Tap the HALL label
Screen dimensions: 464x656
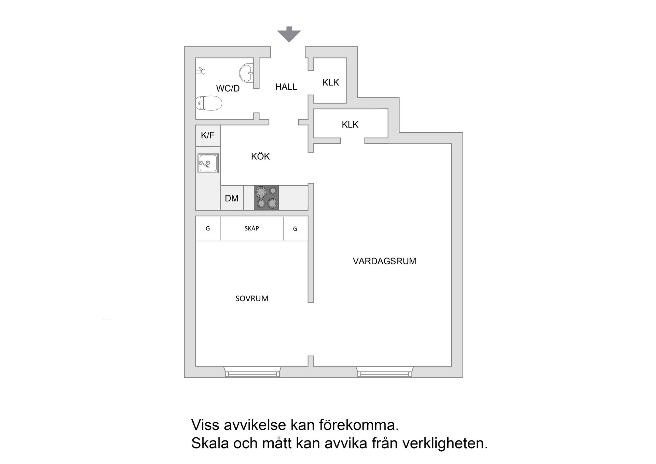[286, 87]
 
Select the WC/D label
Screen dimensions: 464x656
[228, 89]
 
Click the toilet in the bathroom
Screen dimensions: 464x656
[209, 103]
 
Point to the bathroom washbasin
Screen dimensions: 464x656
[246, 72]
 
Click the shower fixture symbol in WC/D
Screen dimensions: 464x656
[201, 71]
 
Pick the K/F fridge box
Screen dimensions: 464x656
[208, 135]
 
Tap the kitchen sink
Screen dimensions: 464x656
[208, 163]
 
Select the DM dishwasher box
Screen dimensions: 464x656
[232, 198]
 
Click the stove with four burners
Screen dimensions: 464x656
[266, 198]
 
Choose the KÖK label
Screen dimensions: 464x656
[260, 157]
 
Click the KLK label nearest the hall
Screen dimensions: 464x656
[330, 82]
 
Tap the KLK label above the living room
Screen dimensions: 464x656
[350, 125]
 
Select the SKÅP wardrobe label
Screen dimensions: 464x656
[252, 228]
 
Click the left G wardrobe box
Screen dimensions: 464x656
[208, 228]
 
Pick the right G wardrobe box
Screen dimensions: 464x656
[295, 229]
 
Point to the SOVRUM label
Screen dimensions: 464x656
[252, 299]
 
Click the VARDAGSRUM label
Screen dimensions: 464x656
[384, 261]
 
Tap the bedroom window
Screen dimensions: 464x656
[252, 372]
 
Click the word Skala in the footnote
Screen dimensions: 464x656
[210, 443]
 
